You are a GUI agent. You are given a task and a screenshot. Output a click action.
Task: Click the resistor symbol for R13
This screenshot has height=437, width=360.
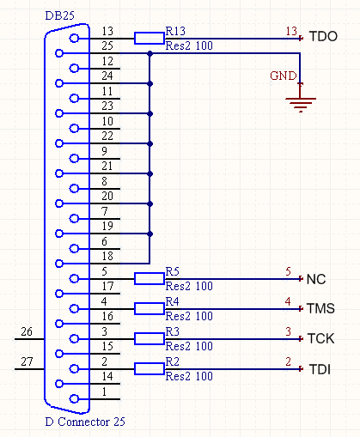[x=149, y=38]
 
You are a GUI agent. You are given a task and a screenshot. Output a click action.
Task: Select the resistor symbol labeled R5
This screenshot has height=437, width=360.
[x=149, y=278]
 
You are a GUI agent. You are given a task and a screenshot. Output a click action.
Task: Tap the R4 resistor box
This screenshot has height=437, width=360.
[x=149, y=308]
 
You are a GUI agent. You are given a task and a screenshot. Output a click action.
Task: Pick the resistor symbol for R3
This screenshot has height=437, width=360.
[x=149, y=338]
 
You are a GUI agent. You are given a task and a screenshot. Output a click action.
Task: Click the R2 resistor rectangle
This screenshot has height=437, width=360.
[x=149, y=368]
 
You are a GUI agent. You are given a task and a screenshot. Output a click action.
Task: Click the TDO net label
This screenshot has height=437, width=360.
[x=323, y=36]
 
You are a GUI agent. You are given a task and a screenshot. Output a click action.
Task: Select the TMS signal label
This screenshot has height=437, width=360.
[x=320, y=308]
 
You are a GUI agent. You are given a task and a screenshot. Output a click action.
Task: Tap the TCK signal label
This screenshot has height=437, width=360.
[x=320, y=338]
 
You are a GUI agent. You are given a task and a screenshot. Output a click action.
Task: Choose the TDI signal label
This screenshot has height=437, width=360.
[x=320, y=369]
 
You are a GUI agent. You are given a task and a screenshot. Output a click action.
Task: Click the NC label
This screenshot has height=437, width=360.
[x=316, y=279]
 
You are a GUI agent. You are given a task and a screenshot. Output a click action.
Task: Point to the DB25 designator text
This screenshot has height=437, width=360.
[x=60, y=15]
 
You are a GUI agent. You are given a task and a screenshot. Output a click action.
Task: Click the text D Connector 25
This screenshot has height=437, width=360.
[x=85, y=422]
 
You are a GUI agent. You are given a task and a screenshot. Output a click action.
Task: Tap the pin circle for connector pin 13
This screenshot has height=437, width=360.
[x=74, y=38]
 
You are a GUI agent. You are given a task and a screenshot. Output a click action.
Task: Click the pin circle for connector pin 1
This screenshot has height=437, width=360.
[x=74, y=398]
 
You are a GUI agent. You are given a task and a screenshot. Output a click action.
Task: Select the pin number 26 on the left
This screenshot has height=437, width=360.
[x=27, y=331]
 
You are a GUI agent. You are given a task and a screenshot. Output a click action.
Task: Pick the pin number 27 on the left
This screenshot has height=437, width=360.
[x=27, y=361]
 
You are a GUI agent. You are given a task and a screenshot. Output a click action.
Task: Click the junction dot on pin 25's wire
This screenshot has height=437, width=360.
[x=149, y=53]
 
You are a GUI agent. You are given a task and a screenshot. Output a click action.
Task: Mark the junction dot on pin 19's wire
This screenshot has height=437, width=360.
[x=149, y=234]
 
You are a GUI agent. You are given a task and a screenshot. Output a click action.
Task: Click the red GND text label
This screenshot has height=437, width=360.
[x=284, y=76]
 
